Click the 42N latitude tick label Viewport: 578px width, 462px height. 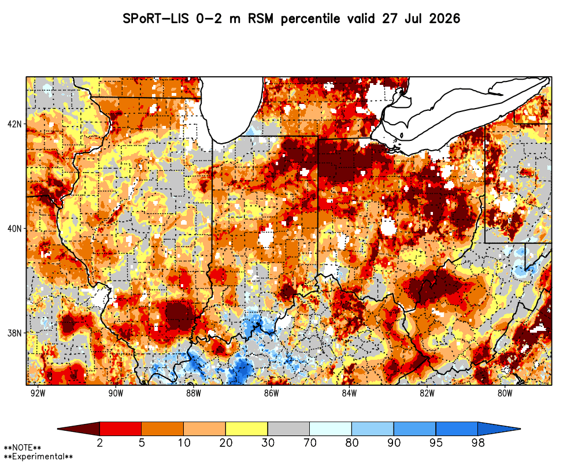click(x=14, y=124)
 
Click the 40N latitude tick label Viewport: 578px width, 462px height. click(x=14, y=229)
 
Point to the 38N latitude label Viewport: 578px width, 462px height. click(x=14, y=333)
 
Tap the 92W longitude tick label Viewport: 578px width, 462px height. click(x=38, y=393)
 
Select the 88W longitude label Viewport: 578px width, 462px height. click(x=194, y=393)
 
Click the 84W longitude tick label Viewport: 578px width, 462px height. click(x=349, y=393)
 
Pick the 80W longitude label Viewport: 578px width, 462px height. click(x=505, y=393)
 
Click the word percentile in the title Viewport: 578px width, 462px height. click(x=310, y=19)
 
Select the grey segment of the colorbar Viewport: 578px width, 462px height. click(x=288, y=429)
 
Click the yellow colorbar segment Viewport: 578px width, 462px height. click(x=247, y=429)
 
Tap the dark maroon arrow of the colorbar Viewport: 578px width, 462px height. click(x=79, y=429)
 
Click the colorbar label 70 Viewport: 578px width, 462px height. click(x=310, y=442)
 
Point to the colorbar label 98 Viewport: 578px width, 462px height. click(x=478, y=442)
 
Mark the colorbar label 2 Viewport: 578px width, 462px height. click(x=99, y=442)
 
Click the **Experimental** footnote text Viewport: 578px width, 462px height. click(x=38, y=457)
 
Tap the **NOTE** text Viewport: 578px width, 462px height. click(x=23, y=448)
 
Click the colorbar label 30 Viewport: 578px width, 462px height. click(x=268, y=442)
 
